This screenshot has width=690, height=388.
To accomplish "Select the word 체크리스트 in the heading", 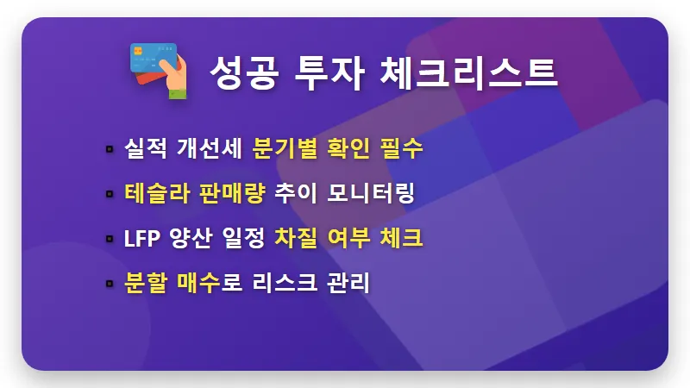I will [x=468, y=72].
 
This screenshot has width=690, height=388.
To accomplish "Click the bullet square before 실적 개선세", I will [x=110, y=149].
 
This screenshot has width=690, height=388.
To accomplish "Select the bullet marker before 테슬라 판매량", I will [x=110, y=194].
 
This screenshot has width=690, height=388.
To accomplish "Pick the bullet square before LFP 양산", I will [x=110, y=239].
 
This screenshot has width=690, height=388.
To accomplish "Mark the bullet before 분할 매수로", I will [x=110, y=284].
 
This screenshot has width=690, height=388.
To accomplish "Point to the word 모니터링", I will [x=373, y=193].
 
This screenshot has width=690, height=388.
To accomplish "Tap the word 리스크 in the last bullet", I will [x=287, y=283].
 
